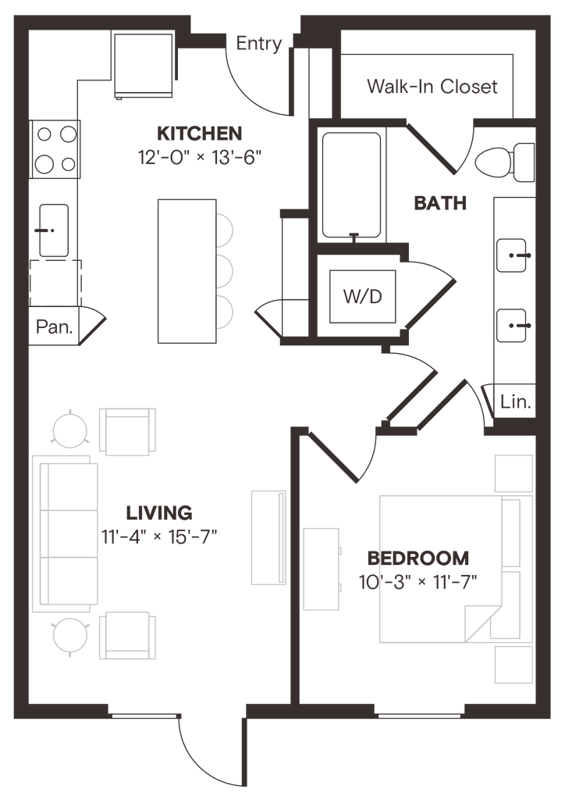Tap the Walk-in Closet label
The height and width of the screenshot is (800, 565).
(432, 86)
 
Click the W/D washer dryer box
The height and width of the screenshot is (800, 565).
(362, 298)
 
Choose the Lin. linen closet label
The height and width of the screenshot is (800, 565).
(515, 403)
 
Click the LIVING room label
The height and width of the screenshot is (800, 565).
(158, 513)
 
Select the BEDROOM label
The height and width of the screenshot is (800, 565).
(418, 558)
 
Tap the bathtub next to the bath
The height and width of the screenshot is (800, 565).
(351, 184)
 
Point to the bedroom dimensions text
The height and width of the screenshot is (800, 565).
(418, 581)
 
